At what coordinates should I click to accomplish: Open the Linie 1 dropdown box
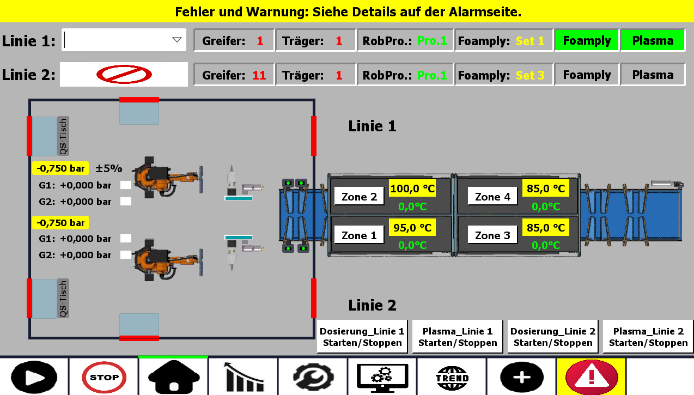coord(124,40)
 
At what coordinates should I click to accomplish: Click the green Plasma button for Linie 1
coord(653,40)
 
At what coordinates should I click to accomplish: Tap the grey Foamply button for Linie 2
coord(587,75)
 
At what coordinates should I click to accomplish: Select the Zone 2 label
coord(359,197)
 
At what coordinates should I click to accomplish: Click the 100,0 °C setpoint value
coord(412,189)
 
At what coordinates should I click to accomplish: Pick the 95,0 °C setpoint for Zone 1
coord(412,228)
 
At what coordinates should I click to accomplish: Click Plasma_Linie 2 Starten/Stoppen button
coord(648,337)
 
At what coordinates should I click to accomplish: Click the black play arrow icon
coord(34,376)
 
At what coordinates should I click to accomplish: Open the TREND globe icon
coord(452,376)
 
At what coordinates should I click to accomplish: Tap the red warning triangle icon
coord(592,376)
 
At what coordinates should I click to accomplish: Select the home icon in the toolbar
coord(173,376)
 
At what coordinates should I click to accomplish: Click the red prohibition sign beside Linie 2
coord(124,75)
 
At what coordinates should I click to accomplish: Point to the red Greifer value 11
coord(259,75)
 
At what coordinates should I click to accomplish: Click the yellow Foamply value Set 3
coord(530,75)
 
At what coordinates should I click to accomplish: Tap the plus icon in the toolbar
coord(522,376)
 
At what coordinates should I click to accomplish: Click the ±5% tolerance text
coord(109,168)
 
